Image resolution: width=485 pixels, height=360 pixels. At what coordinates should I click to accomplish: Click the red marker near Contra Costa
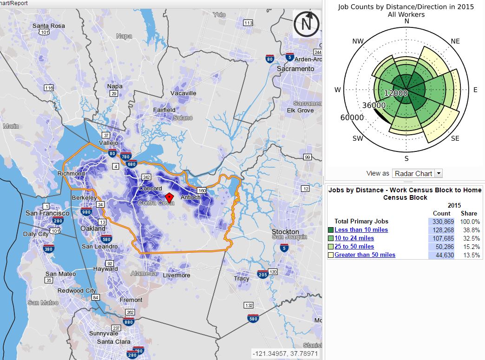[169, 197]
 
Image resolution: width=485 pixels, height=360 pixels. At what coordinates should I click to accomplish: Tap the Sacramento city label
[295, 69]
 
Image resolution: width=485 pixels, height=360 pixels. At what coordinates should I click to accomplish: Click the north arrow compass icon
[307, 24]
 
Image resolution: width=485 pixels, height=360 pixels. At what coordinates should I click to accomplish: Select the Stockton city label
[286, 232]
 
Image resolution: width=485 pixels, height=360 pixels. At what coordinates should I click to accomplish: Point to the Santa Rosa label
[48, 26]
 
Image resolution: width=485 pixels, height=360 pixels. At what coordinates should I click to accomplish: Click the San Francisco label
[47, 213]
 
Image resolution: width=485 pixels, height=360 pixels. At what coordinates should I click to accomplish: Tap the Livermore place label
[177, 275]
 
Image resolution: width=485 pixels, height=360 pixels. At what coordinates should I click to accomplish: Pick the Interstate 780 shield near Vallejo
[125, 156]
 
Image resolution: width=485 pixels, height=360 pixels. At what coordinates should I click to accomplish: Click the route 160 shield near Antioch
[201, 190]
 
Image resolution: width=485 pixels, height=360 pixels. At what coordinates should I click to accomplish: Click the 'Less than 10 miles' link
[361, 230]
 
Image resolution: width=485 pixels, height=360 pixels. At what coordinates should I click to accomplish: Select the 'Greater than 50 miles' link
[365, 255]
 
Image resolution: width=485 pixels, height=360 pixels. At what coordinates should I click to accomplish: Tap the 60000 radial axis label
[352, 118]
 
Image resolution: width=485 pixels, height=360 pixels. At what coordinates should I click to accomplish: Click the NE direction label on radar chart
[455, 41]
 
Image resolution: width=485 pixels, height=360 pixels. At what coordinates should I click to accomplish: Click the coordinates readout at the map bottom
[286, 353]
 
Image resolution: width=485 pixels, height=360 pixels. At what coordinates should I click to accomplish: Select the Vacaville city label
[183, 93]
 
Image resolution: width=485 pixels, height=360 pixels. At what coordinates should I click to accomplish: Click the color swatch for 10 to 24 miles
[330, 238]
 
